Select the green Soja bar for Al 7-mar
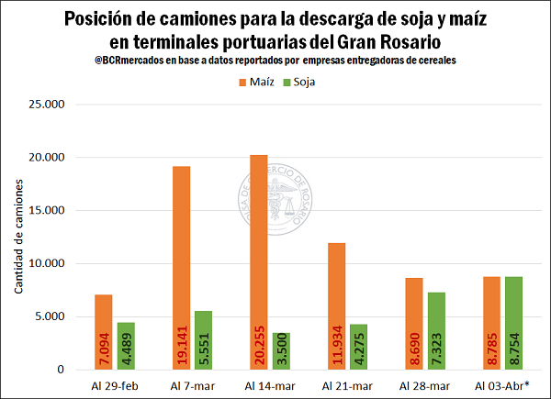tap(203, 340)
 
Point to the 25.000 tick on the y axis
tap(46, 105)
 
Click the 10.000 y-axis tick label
tap(46, 264)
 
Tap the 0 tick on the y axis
tap(60, 370)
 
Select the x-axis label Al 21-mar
tap(348, 386)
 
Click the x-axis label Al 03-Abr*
tap(502, 386)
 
